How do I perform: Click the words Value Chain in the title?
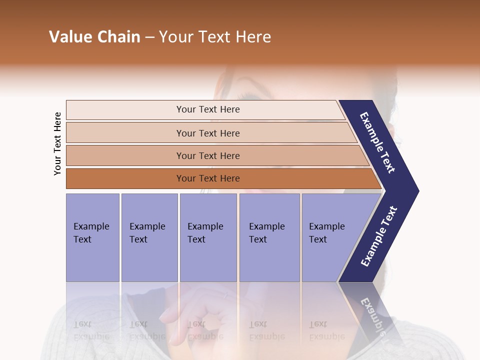pos(94,37)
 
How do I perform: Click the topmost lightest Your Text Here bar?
pos(207,109)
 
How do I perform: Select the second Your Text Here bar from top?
pos(207,133)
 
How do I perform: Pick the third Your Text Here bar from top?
pos(207,155)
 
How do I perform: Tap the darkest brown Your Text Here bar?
pos(207,178)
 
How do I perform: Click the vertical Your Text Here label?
pos(57,143)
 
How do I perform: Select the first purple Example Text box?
pos(92,237)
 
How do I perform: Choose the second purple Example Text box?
pos(149,237)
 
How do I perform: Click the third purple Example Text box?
pos(208,237)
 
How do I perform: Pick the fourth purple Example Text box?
pos(269,237)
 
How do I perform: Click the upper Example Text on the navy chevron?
pos(378,142)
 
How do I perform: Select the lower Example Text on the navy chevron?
pos(379,236)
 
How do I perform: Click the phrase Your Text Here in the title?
pos(215,37)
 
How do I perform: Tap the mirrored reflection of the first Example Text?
pos(91,330)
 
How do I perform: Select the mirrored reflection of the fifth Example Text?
pos(326,330)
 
